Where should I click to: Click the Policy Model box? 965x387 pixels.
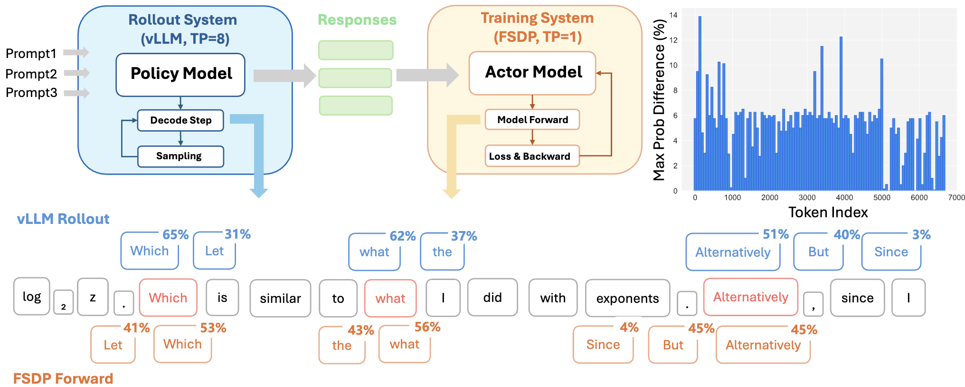[x=180, y=75]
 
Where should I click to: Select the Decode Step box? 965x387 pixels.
[x=180, y=120]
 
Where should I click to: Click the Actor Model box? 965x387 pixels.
[x=532, y=73]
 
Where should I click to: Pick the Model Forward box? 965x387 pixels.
[x=532, y=120]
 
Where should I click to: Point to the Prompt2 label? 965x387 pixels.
[x=31, y=74]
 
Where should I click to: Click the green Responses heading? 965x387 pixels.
[x=357, y=20]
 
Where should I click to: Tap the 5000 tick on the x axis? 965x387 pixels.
[x=881, y=198]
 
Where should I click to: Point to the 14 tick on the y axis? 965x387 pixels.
[x=673, y=15]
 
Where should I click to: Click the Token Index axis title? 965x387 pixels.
[x=828, y=213]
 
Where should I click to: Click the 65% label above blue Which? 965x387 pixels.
[x=175, y=235]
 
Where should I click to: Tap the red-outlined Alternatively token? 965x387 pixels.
[x=750, y=297]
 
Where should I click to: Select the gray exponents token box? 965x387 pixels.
[x=627, y=299]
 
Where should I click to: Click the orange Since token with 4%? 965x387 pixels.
[x=603, y=345]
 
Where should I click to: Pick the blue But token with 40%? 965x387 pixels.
[x=818, y=252]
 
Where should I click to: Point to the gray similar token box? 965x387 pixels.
[x=280, y=299]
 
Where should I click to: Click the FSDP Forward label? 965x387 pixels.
[x=63, y=378]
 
